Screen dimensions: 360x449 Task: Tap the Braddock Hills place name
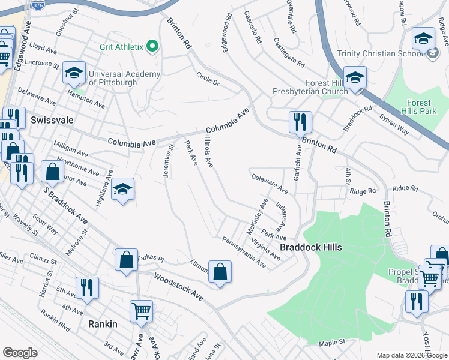click(311, 247)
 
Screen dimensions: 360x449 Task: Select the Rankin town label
click(103, 323)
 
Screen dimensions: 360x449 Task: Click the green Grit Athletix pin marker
click(152, 46)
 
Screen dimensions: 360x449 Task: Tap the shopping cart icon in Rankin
click(141, 311)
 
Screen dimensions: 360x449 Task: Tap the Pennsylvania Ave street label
click(244, 252)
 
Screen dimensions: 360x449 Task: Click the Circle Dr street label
click(208, 79)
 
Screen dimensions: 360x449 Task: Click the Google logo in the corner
click(20, 352)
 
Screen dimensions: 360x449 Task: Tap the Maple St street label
click(333, 342)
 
